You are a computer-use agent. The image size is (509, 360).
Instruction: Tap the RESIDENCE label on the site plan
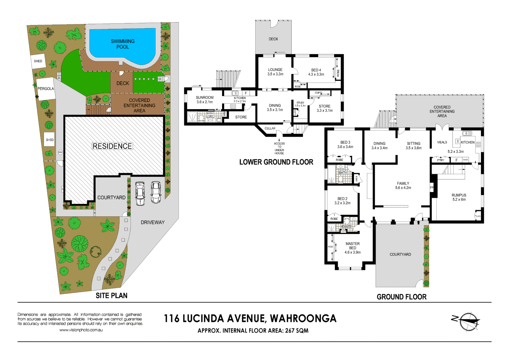pos(112,146)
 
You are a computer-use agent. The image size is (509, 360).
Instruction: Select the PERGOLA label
pos(46,89)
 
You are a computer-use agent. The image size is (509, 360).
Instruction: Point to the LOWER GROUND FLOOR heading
pos(276,162)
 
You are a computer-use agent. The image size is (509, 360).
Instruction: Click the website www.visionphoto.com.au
pos(81,330)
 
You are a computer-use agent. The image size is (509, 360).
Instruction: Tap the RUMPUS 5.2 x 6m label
pos(459,197)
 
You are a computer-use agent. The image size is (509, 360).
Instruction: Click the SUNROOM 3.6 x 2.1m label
pos(205,100)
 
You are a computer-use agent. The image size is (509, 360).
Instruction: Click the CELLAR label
pos(270,128)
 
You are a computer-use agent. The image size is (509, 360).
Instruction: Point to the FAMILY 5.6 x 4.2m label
pos(403,185)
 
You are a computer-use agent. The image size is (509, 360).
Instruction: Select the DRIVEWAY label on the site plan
pos(153,222)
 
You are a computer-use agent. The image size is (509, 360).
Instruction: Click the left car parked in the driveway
pos(140,193)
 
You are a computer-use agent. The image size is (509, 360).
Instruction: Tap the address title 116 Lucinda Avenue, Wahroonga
pos(250,319)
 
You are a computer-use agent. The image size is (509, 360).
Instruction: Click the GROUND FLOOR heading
pos(401,297)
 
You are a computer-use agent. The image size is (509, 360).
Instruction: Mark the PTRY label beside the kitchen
pos(441,160)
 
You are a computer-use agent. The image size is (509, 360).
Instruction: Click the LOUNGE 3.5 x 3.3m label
pos(275,72)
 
